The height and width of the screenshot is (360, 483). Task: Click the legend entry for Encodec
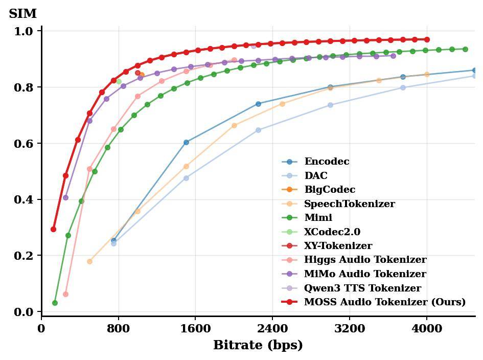(x=327, y=162)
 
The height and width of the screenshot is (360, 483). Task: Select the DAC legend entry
(x=315, y=176)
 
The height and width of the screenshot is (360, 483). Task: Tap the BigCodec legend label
(x=330, y=190)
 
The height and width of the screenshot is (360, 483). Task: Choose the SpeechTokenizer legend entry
(x=349, y=204)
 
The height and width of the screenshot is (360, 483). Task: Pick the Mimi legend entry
(x=318, y=218)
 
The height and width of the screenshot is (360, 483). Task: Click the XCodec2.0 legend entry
(x=332, y=232)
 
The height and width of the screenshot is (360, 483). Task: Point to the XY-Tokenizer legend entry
(x=338, y=246)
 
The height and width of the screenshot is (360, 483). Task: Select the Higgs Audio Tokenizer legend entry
(x=365, y=260)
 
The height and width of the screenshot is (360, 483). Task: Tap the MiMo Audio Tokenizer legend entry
(x=365, y=274)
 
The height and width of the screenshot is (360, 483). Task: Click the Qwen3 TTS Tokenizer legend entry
(x=362, y=288)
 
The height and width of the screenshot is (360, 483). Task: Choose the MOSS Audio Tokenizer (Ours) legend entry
(x=384, y=302)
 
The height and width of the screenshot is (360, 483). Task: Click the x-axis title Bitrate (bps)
(x=258, y=345)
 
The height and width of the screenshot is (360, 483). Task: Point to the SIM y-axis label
(x=22, y=14)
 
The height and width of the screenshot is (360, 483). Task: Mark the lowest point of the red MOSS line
(x=53, y=229)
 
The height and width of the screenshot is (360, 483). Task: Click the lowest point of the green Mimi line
(x=55, y=303)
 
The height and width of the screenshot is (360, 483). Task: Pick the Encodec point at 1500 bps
(x=186, y=142)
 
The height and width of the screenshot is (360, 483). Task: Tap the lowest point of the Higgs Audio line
(x=65, y=295)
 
